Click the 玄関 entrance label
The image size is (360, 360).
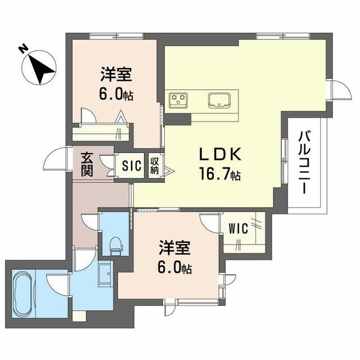tap(87, 164)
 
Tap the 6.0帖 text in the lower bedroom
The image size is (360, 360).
tap(175, 268)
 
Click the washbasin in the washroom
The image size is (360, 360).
tap(105, 274)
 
